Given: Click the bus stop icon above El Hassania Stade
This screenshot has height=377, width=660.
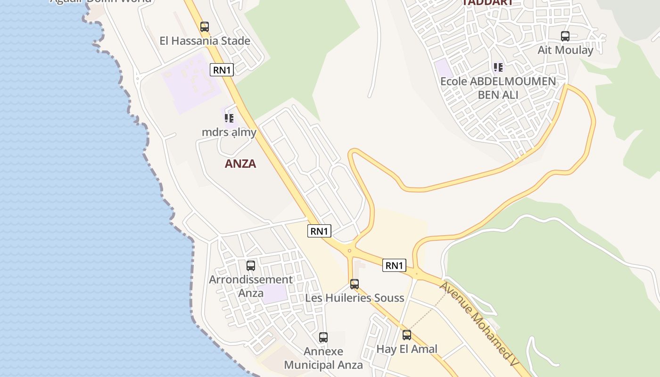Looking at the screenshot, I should click(204, 27).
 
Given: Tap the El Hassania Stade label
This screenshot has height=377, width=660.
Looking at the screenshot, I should click(205, 41).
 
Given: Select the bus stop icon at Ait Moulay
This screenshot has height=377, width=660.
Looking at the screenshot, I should click(565, 36).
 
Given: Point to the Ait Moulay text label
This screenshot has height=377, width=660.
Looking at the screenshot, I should click(565, 50).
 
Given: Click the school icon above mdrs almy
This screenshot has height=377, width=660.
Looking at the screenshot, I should click(229, 118).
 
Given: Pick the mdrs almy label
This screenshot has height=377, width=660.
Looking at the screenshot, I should click(229, 132).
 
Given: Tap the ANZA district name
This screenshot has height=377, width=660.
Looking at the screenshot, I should click(240, 164).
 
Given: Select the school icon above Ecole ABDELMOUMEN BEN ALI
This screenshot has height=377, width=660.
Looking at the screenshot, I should click(498, 67).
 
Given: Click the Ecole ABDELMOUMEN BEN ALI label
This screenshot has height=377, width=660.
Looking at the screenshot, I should click(498, 88).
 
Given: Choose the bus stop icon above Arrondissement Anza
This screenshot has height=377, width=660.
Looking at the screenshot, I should click(251, 265).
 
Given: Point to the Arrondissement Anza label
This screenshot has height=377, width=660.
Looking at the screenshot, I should click(251, 286).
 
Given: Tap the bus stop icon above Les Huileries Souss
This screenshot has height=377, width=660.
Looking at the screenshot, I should click(355, 284).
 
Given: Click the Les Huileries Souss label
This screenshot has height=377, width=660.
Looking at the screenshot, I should click(355, 298).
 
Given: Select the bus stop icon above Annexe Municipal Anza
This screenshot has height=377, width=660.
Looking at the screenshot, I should click(323, 337).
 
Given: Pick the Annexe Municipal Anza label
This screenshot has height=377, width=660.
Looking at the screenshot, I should click(323, 358).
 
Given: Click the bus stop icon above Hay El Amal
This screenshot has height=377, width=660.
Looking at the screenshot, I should click(407, 335).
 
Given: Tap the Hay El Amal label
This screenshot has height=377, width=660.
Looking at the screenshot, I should click(407, 349).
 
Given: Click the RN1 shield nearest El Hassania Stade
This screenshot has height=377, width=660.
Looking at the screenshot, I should click(222, 70).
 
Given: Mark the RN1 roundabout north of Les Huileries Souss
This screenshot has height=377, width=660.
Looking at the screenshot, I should click(349, 251).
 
